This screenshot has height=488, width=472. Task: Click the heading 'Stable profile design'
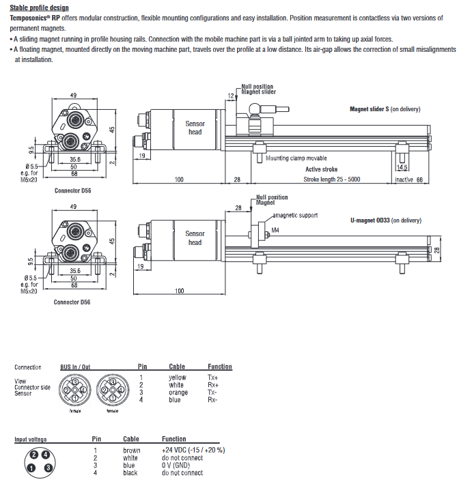click(x=39, y=8)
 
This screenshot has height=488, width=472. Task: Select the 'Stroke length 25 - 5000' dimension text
click(x=332, y=180)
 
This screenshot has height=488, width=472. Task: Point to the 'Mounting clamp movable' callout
click(x=296, y=158)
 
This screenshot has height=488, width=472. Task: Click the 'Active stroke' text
click(x=322, y=169)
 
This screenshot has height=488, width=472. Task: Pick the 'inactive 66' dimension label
click(x=410, y=180)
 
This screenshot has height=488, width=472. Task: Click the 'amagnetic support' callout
click(x=296, y=216)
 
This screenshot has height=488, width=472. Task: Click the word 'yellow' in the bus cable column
click(x=177, y=377)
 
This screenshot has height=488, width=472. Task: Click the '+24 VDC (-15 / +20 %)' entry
click(x=193, y=450)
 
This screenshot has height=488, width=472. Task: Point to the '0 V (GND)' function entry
click(x=176, y=465)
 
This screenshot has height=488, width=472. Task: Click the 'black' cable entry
click(x=130, y=473)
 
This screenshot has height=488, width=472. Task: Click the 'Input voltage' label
click(x=31, y=440)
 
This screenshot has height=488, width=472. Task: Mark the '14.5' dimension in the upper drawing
click(x=402, y=167)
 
